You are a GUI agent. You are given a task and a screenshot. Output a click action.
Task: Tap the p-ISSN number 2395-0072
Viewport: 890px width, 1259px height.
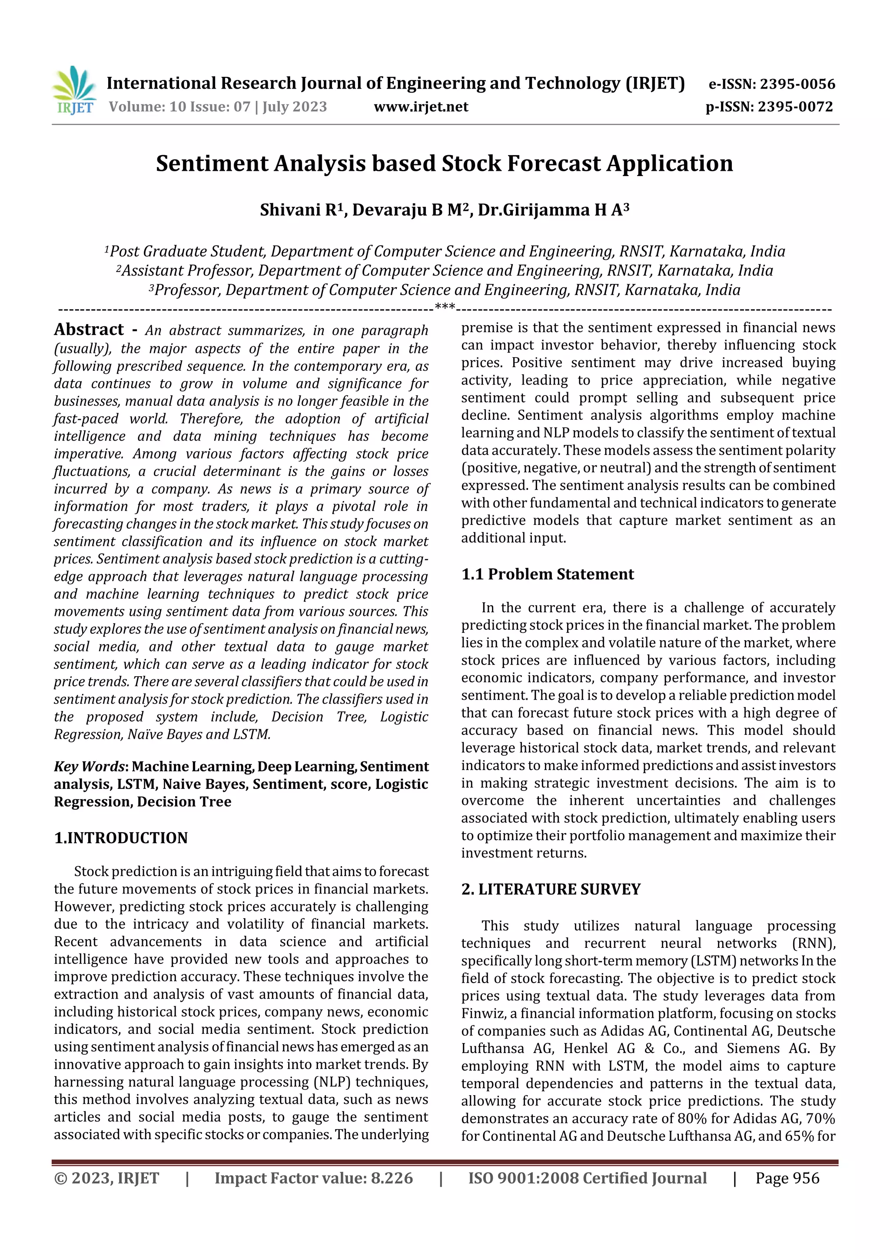[795, 107]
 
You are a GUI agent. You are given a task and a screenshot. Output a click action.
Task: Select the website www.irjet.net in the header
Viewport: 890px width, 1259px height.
[421, 107]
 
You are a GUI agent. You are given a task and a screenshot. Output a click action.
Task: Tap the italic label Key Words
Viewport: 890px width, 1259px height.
[89, 767]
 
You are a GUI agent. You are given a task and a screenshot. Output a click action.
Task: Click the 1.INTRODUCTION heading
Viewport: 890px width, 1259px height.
[121, 838]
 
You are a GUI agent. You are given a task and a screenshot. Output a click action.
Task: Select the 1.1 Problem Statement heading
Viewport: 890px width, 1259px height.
[547, 574]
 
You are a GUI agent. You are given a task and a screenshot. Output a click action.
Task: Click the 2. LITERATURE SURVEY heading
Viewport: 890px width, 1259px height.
[551, 889]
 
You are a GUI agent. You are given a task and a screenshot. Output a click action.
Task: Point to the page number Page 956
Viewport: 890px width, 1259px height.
[787, 1179]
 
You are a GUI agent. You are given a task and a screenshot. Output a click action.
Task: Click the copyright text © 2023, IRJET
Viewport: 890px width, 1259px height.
[106, 1179]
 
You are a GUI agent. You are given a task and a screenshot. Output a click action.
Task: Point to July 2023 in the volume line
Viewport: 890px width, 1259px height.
[295, 107]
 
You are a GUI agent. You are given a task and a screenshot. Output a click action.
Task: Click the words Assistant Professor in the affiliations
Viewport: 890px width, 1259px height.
[187, 271]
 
